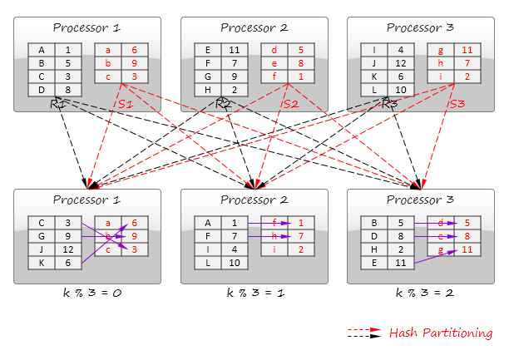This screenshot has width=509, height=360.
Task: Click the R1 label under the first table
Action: point(57,104)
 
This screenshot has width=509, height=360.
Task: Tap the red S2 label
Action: point(289,104)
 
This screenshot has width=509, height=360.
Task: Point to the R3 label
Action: point(390,104)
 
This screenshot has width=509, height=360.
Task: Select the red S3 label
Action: point(456,104)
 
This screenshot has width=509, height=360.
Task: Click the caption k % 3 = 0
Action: point(87,293)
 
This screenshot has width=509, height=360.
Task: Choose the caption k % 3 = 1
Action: point(254,293)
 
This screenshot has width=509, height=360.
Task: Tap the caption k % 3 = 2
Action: point(420,293)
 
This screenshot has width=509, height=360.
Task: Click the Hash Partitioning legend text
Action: point(440,333)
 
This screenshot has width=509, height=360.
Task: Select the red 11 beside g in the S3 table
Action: point(467,49)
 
